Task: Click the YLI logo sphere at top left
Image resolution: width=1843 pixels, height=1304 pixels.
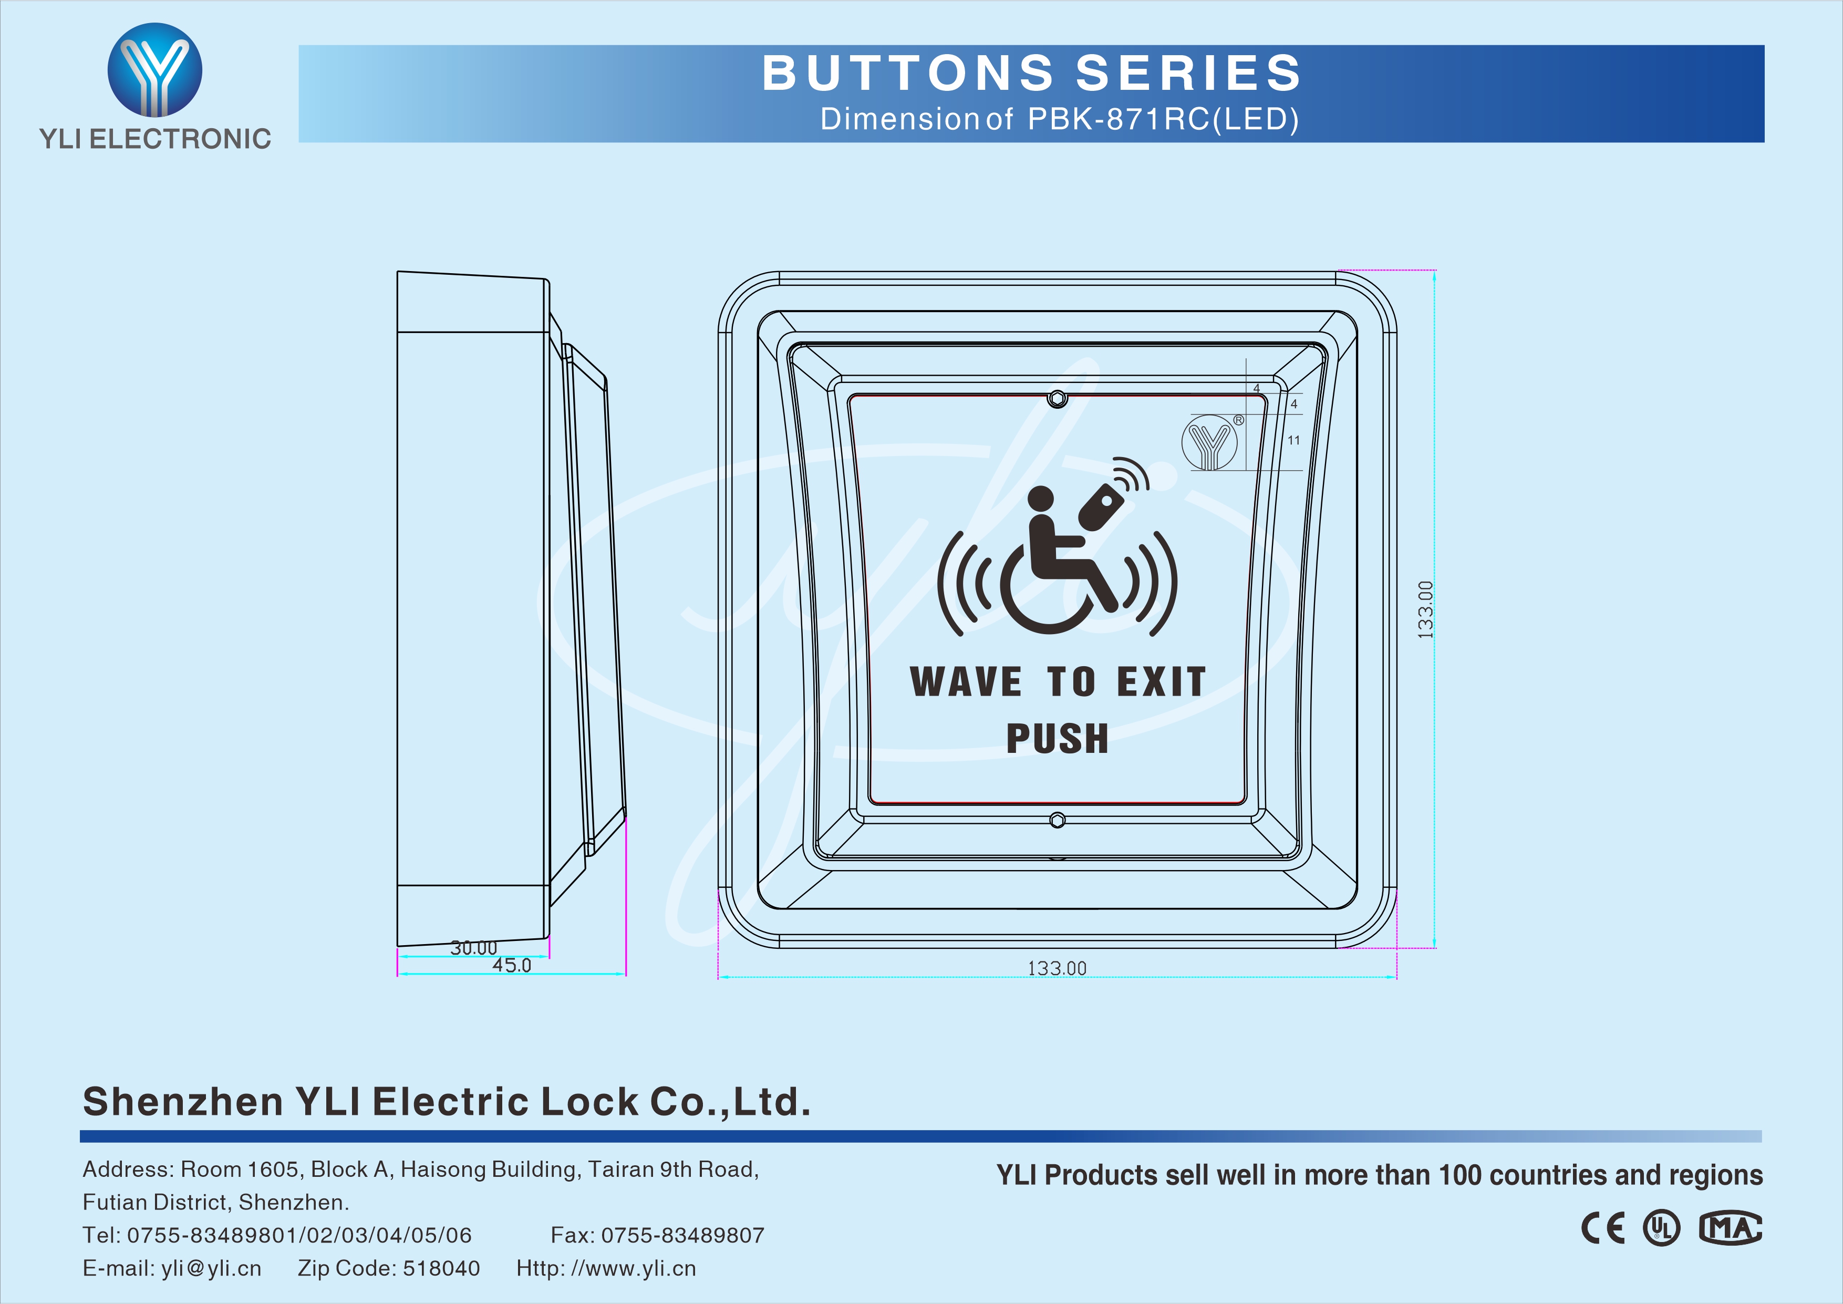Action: (x=155, y=70)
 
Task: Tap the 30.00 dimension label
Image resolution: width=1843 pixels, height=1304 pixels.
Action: (x=473, y=948)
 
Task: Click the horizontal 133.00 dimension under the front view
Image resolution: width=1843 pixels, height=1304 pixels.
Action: (x=1057, y=968)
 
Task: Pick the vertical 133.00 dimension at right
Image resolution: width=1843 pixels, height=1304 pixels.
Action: (x=1425, y=610)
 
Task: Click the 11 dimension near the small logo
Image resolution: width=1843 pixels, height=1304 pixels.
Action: (x=1293, y=440)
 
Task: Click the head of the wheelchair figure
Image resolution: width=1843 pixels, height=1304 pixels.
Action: (x=1041, y=499)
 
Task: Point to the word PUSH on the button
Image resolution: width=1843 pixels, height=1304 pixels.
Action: (x=1057, y=739)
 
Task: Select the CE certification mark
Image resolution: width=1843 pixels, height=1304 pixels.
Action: (x=1603, y=1228)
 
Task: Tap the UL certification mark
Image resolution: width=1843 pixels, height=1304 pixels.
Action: (x=1661, y=1228)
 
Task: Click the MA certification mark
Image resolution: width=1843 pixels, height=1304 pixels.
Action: (x=1730, y=1228)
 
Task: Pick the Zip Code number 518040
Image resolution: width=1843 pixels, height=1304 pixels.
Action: (x=441, y=1269)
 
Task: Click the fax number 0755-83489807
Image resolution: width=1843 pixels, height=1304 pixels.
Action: (x=683, y=1236)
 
